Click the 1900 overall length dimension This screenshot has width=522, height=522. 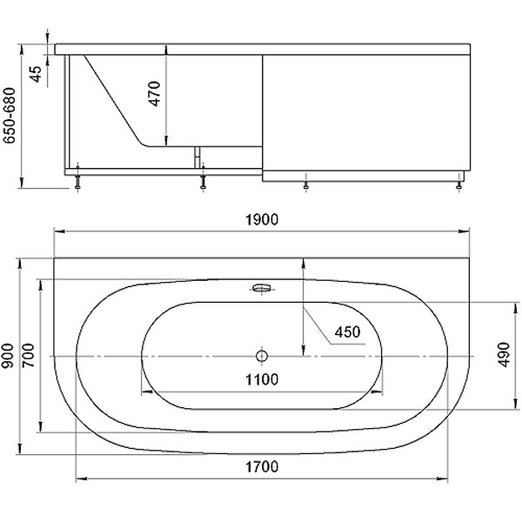point(262,220)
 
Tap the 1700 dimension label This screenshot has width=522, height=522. point(262,466)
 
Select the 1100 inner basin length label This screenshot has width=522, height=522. point(262,379)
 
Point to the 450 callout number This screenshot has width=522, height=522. point(347,332)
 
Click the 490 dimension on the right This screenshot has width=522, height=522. point(505,355)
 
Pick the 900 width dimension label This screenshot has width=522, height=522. point(8,356)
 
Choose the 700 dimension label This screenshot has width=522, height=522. point(29,355)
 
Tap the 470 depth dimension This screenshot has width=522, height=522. point(155,94)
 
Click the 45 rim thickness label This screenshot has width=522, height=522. point(36,74)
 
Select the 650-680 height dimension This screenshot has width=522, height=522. point(9,116)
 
